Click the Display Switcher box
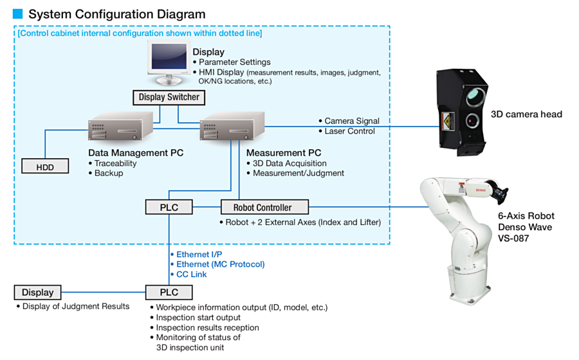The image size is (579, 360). (x=169, y=97)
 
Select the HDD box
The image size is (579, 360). (x=45, y=166)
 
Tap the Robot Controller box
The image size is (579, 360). (x=264, y=207)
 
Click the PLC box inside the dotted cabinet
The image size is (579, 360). (x=169, y=207)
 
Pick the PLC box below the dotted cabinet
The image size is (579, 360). (x=169, y=292)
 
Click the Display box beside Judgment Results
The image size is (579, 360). (x=38, y=292)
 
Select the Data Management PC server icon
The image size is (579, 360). (x=120, y=126)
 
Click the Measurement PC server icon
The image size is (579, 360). (x=232, y=126)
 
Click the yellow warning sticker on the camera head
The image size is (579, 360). (x=447, y=121)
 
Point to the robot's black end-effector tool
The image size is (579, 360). (x=499, y=190)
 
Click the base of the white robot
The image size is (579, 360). (x=470, y=289)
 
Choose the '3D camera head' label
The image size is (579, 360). (x=526, y=114)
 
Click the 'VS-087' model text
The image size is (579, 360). (x=513, y=239)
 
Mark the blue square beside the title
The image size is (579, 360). (x=18, y=14)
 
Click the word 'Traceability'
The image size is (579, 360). (x=115, y=163)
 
